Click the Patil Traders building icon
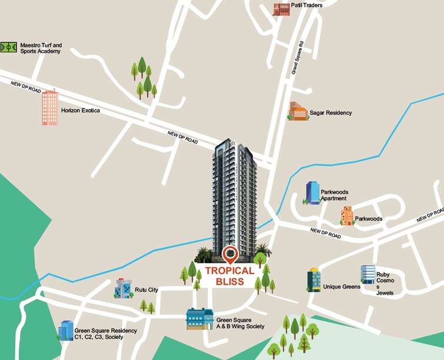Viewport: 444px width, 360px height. [281, 8]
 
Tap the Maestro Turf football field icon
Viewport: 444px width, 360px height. [9, 47]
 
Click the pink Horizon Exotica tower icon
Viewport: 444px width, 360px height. [50, 108]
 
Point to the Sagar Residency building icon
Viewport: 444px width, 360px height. [298, 111]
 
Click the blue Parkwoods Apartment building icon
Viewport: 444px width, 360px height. [312, 193]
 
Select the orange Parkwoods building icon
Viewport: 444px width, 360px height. [347, 216]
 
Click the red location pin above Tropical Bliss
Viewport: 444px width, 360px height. [230, 255]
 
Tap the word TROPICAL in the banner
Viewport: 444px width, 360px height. [230, 271]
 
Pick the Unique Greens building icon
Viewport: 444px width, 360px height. [314, 281]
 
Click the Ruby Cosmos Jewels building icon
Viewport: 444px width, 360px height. [368, 275]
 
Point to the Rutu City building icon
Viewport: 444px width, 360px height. [124, 288]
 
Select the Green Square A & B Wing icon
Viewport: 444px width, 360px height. [199, 319]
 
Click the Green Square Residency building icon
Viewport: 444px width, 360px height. [66, 331]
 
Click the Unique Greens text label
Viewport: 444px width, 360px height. [341, 287]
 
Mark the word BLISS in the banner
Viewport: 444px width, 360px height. [230, 282]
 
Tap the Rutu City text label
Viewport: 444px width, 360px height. [146, 290]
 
